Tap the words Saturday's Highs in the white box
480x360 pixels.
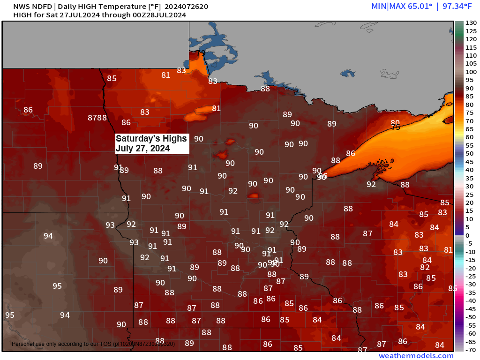[x=151, y=139]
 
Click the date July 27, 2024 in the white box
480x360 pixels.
[x=142, y=149]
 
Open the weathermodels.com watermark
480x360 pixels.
[x=416, y=356]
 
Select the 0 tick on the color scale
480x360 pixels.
[x=467, y=235]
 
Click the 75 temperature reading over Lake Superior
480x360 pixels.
[x=396, y=127]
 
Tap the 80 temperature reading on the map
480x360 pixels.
[x=395, y=123]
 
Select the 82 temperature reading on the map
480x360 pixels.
[x=425, y=267]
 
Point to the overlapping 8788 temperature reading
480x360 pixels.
[x=97, y=118]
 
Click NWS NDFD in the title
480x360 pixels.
[x=32, y=7]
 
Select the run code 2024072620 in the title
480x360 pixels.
[x=187, y=7]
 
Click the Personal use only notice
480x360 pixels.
[x=61, y=344]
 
